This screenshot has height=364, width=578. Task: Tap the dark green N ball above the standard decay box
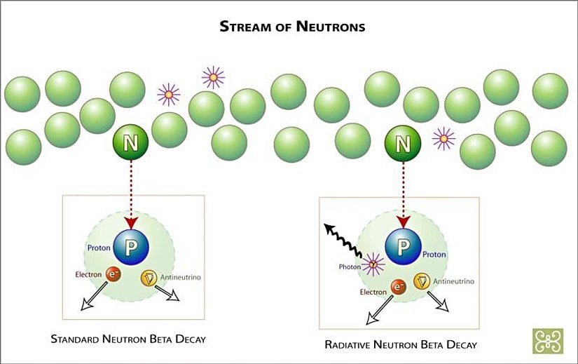tap(130, 144)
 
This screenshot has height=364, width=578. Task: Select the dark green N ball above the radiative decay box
tap(403, 144)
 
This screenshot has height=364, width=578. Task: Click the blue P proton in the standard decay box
tap(130, 246)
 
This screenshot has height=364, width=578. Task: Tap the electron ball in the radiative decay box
tap(399, 288)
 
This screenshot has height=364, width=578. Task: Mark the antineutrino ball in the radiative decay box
tap(422, 281)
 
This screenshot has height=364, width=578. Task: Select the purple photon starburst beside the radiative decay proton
tap(372, 264)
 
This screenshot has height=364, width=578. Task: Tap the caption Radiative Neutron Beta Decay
tap(401, 344)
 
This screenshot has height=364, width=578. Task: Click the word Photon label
tap(350, 267)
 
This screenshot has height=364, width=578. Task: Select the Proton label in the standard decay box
tap(99, 248)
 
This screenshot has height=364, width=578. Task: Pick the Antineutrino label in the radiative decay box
tap(453, 281)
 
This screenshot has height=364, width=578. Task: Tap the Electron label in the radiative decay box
tap(373, 290)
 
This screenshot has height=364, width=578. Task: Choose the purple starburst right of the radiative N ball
tap(443, 139)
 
